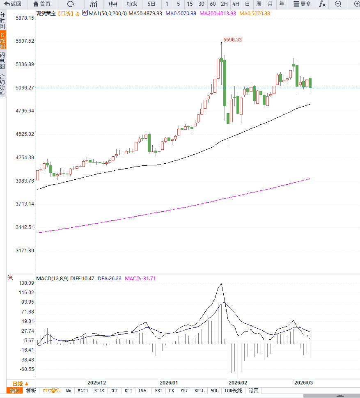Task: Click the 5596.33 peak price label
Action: coord(232,40)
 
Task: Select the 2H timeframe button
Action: coord(224,4)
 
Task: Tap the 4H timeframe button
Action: coord(236,4)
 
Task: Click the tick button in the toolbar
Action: coord(132,4)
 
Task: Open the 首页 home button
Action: coord(42,4)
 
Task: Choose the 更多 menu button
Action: coord(302,4)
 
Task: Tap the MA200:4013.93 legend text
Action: coord(218,14)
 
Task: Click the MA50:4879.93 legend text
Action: coord(145,14)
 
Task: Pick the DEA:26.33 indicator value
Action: coord(110,279)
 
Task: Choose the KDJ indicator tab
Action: coord(128,391)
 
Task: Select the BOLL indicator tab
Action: coord(199,391)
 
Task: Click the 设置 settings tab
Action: coord(254,391)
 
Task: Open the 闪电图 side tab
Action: coord(3,61)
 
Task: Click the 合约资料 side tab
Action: coord(3,85)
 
